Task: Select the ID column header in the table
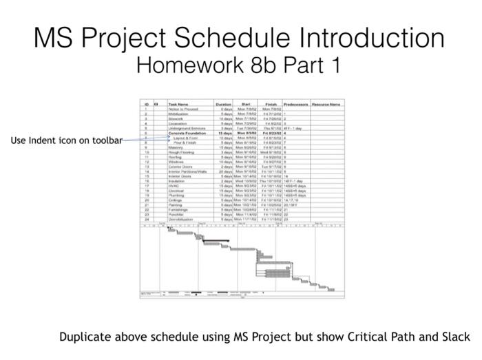click(x=146, y=104)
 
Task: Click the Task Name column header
click(x=178, y=104)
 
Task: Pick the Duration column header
click(x=224, y=104)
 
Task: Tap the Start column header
click(x=246, y=104)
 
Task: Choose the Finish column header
click(x=271, y=104)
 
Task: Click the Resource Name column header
click(x=326, y=104)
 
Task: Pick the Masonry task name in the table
click(x=176, y=147)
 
